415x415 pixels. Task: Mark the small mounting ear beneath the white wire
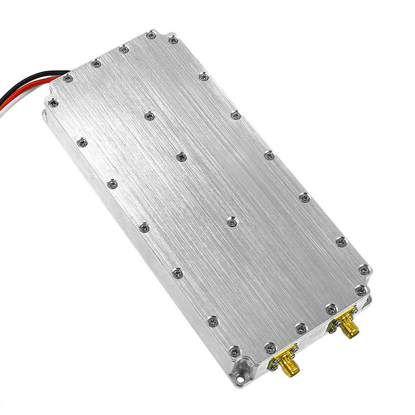pyautogui.click(x=45, y=112)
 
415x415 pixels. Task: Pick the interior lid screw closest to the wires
pyautogui.click(x=149, y=116)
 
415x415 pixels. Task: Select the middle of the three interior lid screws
pyautogui.click(x=181, y=156)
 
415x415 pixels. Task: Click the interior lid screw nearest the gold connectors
pyautogui.click(x=231, y=222)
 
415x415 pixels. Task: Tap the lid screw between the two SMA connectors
pyautogui.click(x=300, y=327)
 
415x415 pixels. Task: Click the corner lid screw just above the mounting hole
pyautogui.click(x=234, y=351)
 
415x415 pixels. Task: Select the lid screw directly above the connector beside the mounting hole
pyautogui.click(x=269, y=347)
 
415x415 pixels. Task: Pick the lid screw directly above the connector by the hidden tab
pyautogui.click(x=330, y=310)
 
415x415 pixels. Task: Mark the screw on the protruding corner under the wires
pyautogui.click(x=53, y=103)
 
